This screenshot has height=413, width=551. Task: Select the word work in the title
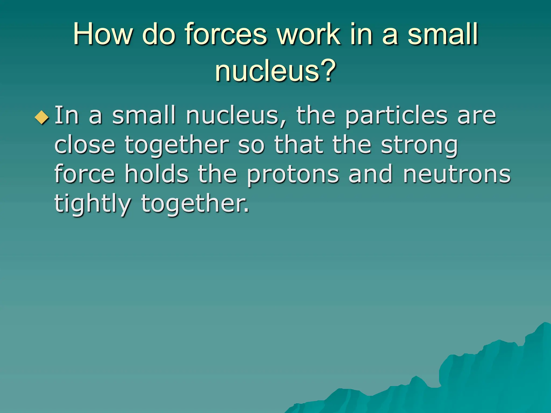click(309, 34)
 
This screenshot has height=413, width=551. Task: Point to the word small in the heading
click(443, 34)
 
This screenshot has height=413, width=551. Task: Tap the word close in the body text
click(85, 145)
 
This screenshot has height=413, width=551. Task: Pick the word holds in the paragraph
click(156, 174)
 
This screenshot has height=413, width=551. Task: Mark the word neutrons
click(457, 175)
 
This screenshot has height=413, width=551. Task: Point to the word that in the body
click(298, 145)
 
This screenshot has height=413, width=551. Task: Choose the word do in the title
click(159, 34)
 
